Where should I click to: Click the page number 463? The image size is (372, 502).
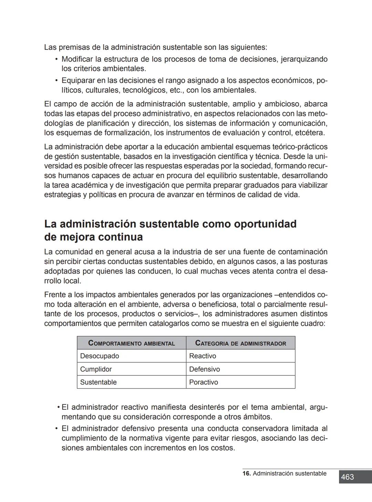click(347, 477)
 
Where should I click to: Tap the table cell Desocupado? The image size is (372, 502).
click(100, 356)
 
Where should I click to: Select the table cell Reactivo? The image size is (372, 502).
click(203, 356)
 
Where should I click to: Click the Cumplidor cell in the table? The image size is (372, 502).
click(96, 369)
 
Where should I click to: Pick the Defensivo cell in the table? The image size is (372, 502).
click(204, 369)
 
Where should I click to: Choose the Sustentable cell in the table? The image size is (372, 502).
click(98, 382)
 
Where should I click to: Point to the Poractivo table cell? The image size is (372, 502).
click(203, 382)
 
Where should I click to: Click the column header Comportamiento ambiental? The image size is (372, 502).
click(132, 343)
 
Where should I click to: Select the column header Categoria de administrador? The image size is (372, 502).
click(240, 343)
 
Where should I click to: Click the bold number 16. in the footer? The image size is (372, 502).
click(246, 473)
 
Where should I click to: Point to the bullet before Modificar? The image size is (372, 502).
click(56, 59)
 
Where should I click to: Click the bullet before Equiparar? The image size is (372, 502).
click(56, 81)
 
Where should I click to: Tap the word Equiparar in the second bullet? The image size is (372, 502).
click(77, 81)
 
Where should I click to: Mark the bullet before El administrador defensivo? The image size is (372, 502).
click(56, 429)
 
